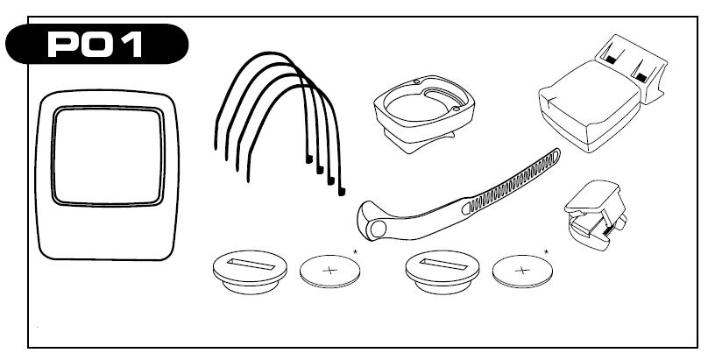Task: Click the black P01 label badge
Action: pyautogui.click(x=96, y=44)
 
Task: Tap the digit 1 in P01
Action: pyautogui.click(x=134, y=45)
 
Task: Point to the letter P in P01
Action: pyautogui.click(x=62, y=45)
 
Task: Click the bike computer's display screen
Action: pyautogui.click(x=108, y=156)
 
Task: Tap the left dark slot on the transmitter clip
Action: pyautogui.click(x=611, y=59)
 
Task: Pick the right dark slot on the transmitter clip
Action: pyautogui.click(x=641, y=77)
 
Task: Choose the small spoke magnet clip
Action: pyautogui.click(x=595, y=215)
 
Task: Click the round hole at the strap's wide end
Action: pyautogui.click(x=378, y=229)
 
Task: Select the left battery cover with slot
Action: pyautogui.click(x=250, y=272)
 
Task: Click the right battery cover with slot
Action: pyautogui.click(x=442, y=272)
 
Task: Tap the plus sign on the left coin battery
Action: pyautogui.click(x=330, y=271)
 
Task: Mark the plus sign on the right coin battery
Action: pyautogui.click(x=522, y=271)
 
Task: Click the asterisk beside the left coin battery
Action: pyautogui.click(x=356, y=251)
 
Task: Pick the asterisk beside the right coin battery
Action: pyautogui.click(x=547, y=251)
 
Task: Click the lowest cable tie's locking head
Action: pyautogui.click(x=342, y=192)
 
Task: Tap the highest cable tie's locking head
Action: pyautogui.click(x=309, y=159)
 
